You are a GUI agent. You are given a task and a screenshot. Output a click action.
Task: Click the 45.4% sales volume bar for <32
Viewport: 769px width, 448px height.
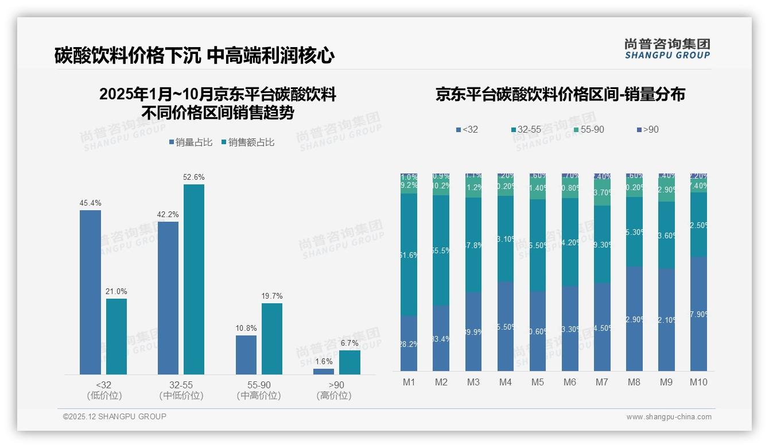point(90,292)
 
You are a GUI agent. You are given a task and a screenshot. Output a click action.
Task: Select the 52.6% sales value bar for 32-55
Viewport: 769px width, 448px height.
point(193,279)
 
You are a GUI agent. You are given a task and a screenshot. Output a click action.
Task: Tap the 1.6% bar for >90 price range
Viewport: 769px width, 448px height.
point(324,372)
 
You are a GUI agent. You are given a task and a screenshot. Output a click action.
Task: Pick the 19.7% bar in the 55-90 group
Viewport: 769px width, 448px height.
point(272,339)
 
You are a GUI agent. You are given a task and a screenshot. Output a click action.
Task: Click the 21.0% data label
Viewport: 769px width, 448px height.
point(116,291)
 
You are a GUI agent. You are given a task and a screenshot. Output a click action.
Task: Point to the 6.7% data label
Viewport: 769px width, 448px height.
point(349,343)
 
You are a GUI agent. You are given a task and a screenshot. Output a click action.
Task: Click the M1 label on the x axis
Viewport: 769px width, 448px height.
point(409,382)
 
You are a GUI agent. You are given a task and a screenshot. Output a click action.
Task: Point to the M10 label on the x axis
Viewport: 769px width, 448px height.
point(698,382)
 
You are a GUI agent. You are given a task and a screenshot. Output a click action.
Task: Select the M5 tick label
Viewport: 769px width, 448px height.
point(537,382)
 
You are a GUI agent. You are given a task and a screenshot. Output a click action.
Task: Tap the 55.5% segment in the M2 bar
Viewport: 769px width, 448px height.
point(441,250)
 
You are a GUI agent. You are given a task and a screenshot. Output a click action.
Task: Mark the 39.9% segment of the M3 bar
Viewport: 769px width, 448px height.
point(473,331)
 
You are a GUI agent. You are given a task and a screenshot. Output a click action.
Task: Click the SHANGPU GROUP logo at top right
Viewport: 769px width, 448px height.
point(667,48)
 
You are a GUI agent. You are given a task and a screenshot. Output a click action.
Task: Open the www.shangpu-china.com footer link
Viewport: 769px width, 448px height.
point(669,417)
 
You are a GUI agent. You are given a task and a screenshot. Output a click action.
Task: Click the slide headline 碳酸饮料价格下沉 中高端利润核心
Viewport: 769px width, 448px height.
point(195,56)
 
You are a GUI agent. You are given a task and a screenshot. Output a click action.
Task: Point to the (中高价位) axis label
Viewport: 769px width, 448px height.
point(258,396)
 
